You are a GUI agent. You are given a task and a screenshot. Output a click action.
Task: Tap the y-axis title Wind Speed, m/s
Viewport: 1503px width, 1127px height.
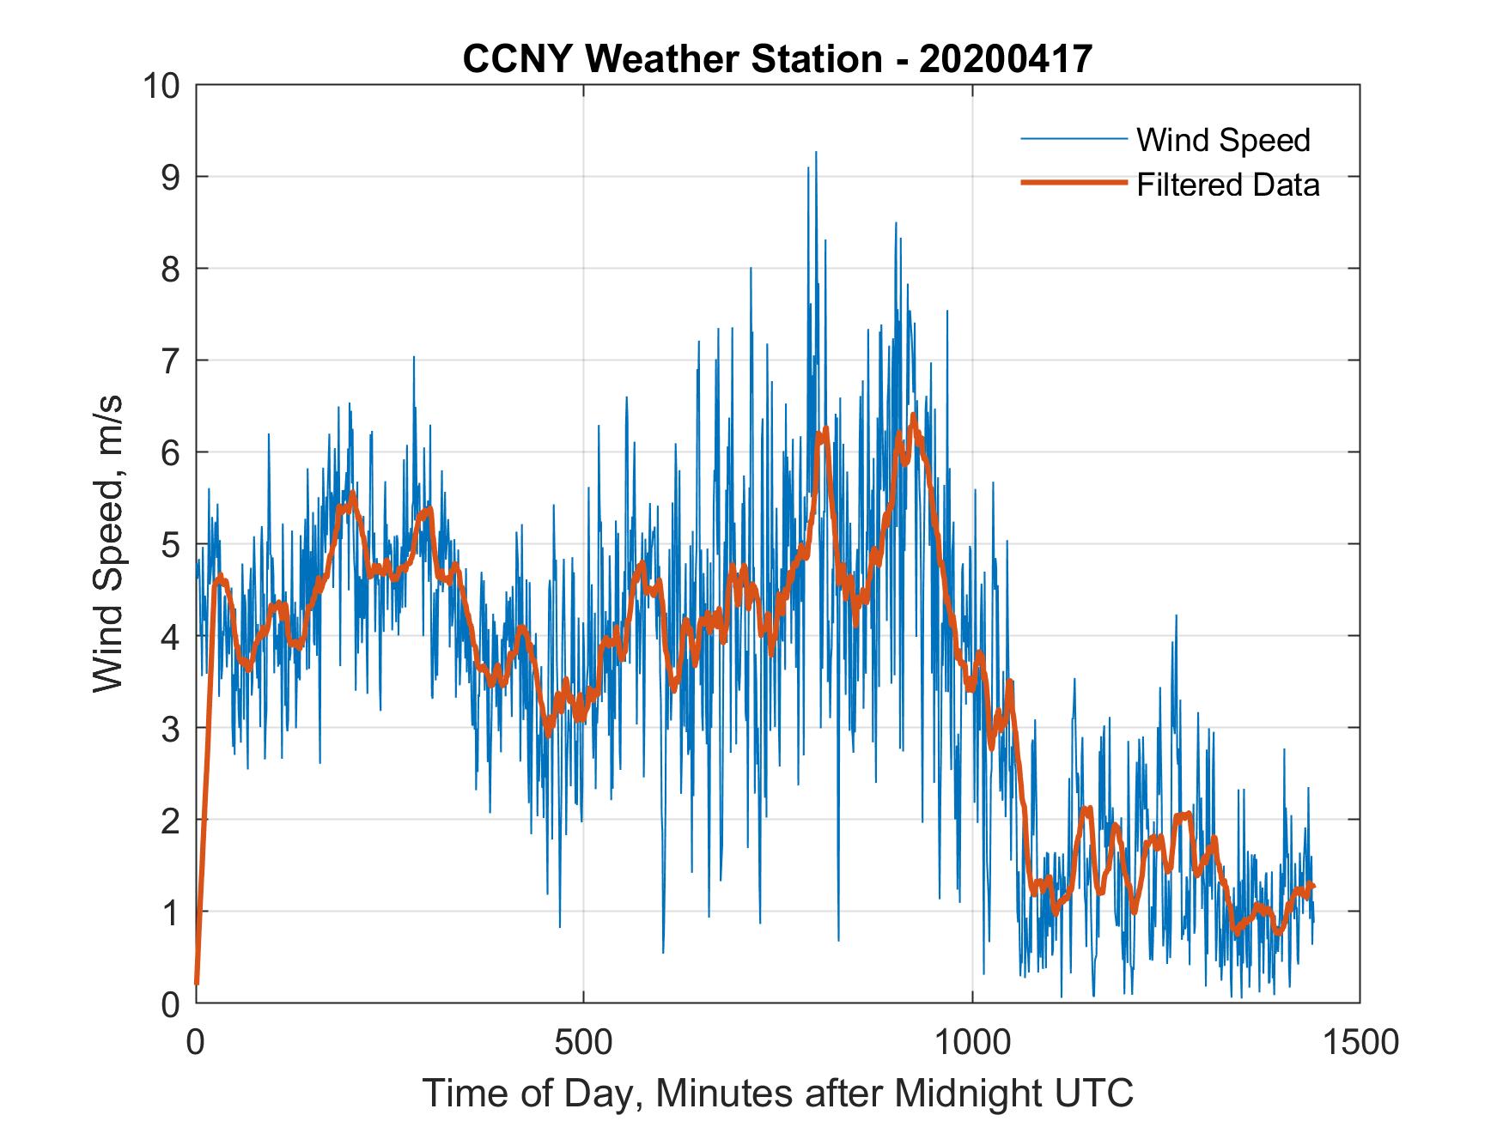point(109,542)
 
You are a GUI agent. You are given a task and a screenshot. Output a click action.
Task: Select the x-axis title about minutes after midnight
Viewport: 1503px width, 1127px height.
point(778,1093)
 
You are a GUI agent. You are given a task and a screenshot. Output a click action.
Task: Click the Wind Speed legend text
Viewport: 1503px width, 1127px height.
point(1223,140)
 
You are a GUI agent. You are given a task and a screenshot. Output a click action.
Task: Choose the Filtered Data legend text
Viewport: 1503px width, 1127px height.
point(1227,185)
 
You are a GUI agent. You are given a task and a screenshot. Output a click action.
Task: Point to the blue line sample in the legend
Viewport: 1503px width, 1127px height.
point(1073,139)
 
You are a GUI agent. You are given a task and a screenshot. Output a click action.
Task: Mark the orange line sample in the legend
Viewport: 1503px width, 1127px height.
point(1073,183)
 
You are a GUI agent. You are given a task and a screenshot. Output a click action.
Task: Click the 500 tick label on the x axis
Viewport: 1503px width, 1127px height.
point(583,1042)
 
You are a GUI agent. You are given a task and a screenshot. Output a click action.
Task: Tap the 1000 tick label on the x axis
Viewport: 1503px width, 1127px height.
point(972,1042)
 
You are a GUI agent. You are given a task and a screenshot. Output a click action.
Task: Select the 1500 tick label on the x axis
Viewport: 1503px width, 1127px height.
point(1360,1042)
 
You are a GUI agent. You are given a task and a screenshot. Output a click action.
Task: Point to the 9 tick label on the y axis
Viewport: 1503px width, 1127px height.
point(171,178)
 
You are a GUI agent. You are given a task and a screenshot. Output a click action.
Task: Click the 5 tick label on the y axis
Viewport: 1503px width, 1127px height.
point(171,545)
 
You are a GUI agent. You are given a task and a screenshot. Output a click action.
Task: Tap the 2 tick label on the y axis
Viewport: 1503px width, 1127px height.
point(171,821)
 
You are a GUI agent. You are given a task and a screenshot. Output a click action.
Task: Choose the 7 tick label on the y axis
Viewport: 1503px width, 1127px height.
point(171,361)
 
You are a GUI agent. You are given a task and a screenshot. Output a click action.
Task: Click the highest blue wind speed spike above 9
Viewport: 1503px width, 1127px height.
point(815,153)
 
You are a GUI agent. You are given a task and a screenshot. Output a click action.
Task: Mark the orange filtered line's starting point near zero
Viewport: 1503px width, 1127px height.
point(197,982)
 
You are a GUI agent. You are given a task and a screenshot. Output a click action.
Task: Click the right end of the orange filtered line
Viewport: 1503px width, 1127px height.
point(1313,886)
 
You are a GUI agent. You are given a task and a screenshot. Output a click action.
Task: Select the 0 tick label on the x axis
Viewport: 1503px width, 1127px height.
point(197,1042)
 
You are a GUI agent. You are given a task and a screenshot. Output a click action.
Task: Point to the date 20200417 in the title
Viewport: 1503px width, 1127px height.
point(1006,59)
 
